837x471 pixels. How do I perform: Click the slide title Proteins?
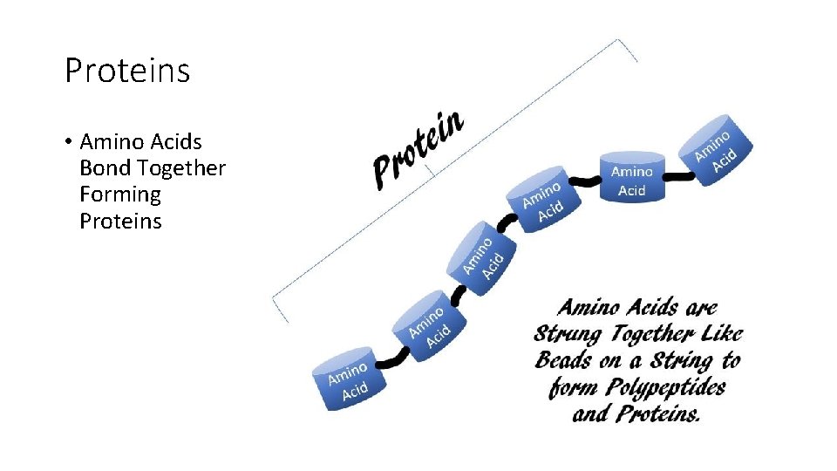coord(127,71)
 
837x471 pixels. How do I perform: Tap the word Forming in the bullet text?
coord(119,195)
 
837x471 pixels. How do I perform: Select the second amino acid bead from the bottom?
coord(428,322)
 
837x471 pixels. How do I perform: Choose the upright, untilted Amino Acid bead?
coord(631,177)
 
